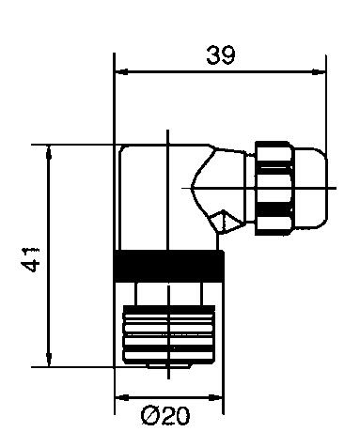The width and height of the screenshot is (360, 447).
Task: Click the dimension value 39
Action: click(x=221, y=55)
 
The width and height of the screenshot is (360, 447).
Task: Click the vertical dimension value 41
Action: click(x=33, y=257)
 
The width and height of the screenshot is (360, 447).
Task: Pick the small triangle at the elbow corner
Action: click(x=219, y=222)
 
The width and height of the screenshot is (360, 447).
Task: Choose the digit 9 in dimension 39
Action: click(x=230, y=55)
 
